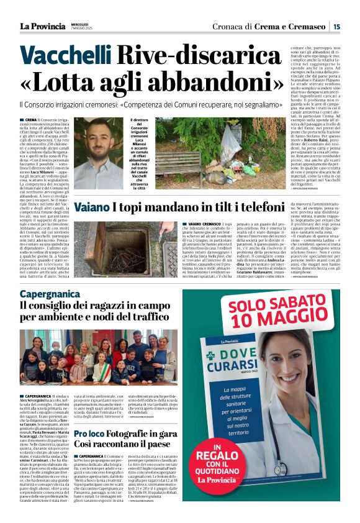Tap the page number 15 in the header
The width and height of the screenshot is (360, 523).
pyautogui.click(x=336, y=26)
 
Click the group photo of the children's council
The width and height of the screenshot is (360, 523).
pyautogui.click(x=98, y=357)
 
